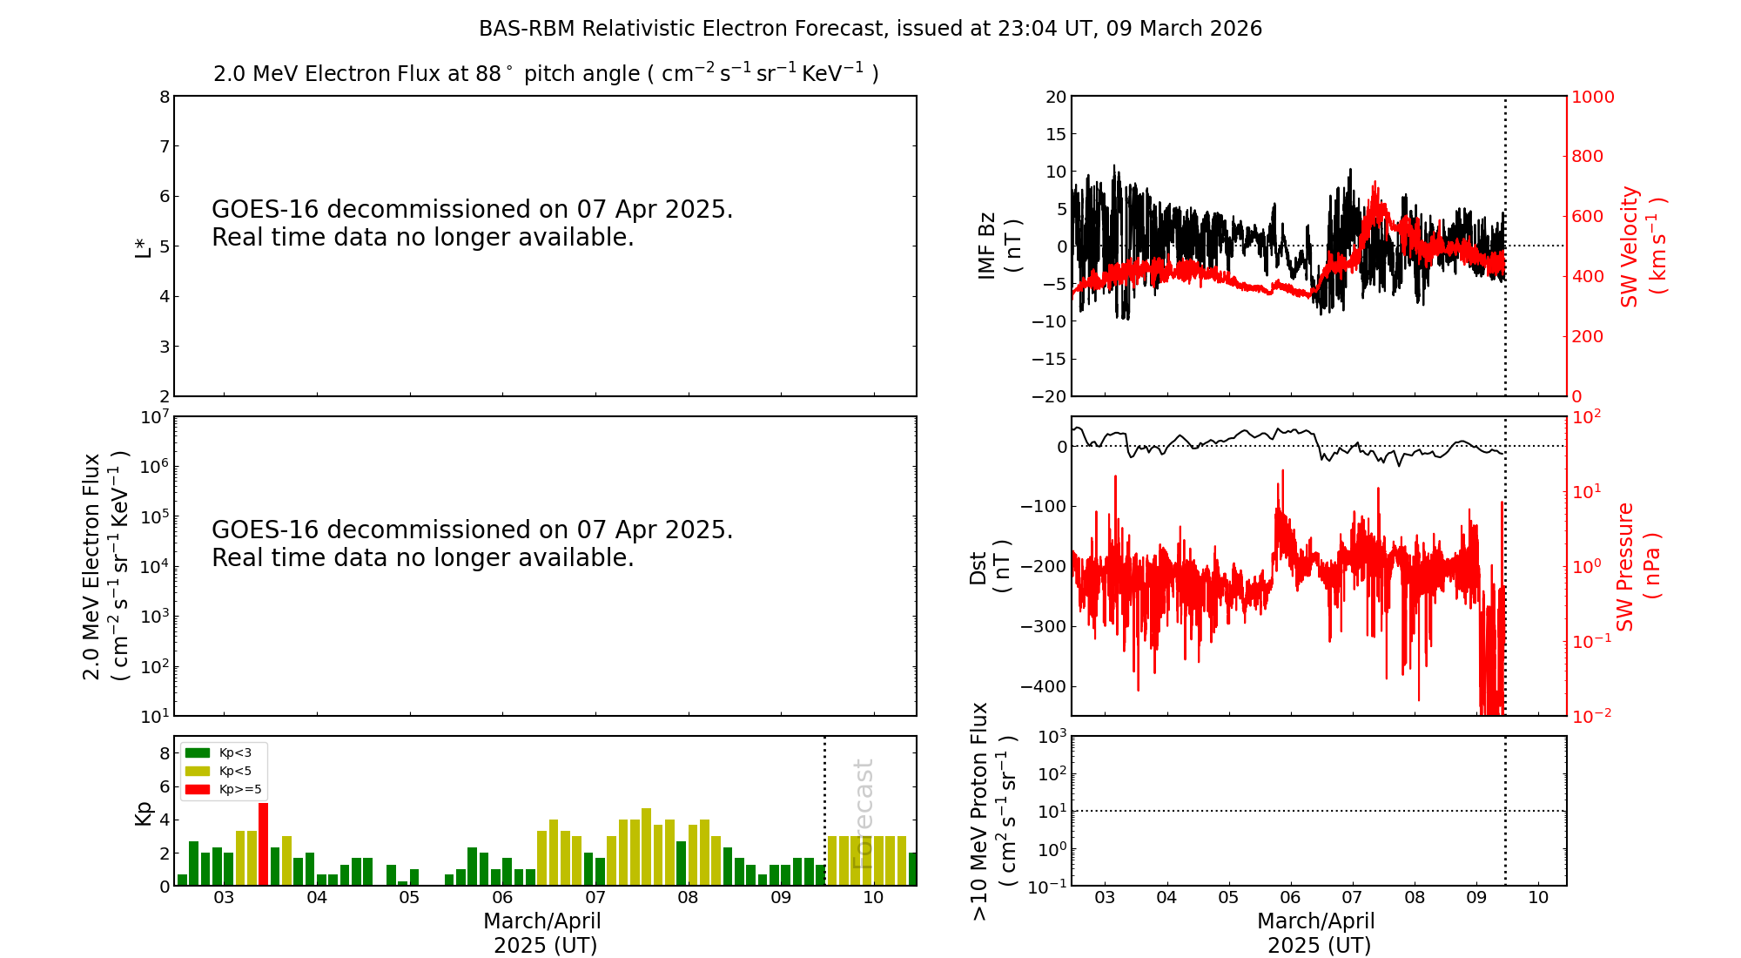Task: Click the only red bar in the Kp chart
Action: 264,844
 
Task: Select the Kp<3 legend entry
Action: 223,752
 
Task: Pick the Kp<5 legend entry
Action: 223,771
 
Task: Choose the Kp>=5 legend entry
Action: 223,790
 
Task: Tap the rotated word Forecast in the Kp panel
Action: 863,814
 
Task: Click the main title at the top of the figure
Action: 870,29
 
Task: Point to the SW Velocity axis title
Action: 1642,246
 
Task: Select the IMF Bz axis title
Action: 998,246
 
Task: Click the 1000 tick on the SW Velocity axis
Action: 1592,97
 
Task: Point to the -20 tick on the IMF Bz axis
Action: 1049,396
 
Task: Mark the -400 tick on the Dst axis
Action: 1044,686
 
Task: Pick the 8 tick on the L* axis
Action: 165,97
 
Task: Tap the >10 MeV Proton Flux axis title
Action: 993,812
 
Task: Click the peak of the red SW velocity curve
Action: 1375,182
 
